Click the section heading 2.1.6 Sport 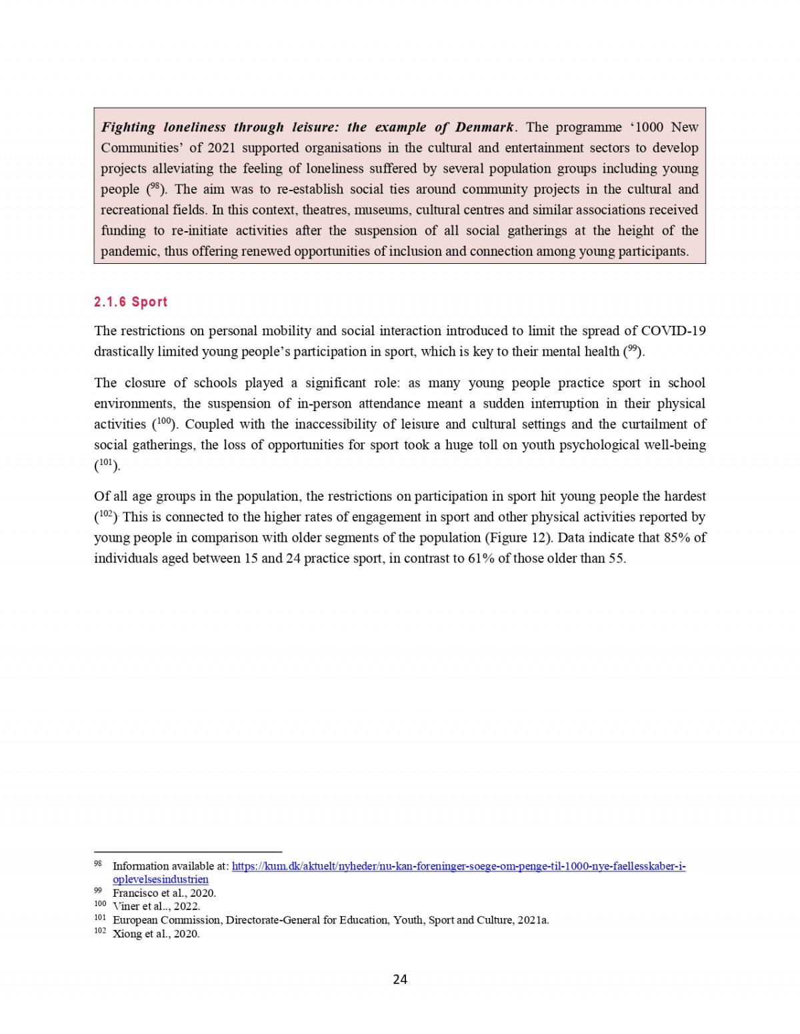(x=131, y=302)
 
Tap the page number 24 (x=400, y=979)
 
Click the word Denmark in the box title (x=484, y=127)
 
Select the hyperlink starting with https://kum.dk (x=459, y=866)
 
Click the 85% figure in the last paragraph (x=677, y=538)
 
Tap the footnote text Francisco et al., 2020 (x=164, y=893)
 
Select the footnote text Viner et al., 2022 (x=156, y=906)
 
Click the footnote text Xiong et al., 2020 (x=156, y=933)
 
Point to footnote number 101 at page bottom (x=100, y=917)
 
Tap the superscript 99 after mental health (x=633, y=349)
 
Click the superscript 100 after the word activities (x=164, y=422)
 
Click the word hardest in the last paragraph (x=685, y=496)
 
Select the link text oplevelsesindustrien (x=161, y=879)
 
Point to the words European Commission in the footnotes (x=167, y=920)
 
